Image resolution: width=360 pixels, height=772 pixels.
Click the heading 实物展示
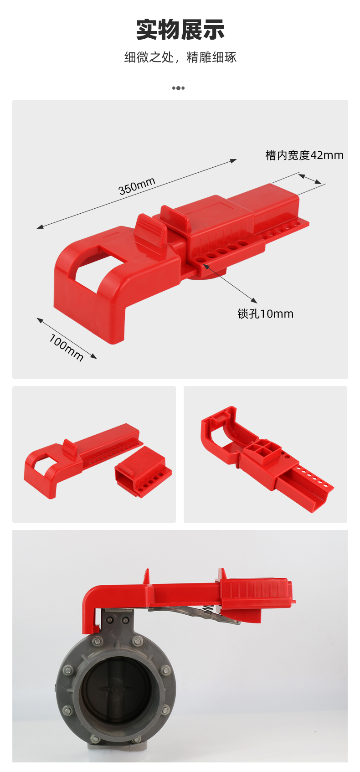(180, 29)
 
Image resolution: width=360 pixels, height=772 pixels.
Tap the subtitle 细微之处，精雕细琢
(180, 57)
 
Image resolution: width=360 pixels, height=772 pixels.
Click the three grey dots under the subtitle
(178, 88)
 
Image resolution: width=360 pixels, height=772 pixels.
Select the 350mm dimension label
(137, 186)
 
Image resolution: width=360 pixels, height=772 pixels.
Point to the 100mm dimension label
(66, 347)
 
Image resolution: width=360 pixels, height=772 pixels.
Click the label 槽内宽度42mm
(304, 155)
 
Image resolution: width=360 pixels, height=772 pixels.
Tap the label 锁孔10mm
(265, 314)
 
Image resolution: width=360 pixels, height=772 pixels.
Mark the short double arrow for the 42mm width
(310, 179)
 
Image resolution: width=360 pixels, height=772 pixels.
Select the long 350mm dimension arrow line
(137, 194)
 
